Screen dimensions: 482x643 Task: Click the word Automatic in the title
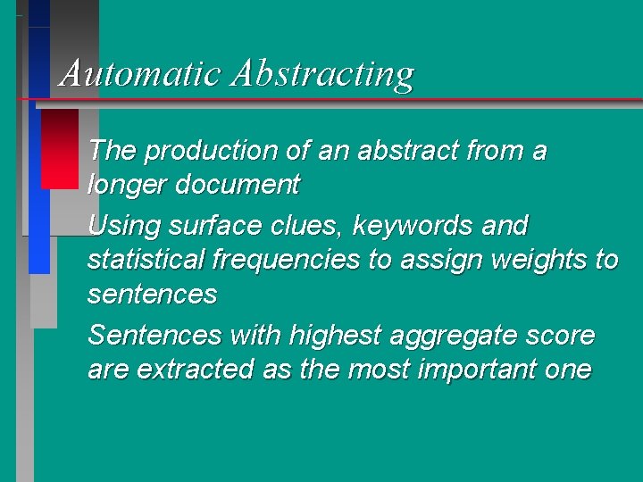pyautogui.click(x=140, y=73)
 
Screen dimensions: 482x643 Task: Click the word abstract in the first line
pyautogui.click(x=408, y=151)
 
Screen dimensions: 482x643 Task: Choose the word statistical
pyautogui.click(x=146, y=260)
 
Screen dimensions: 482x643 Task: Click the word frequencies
pyautogui.click(x=286, y=261)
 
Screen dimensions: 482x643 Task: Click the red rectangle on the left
pyautogui.click(x=60, y=147)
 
